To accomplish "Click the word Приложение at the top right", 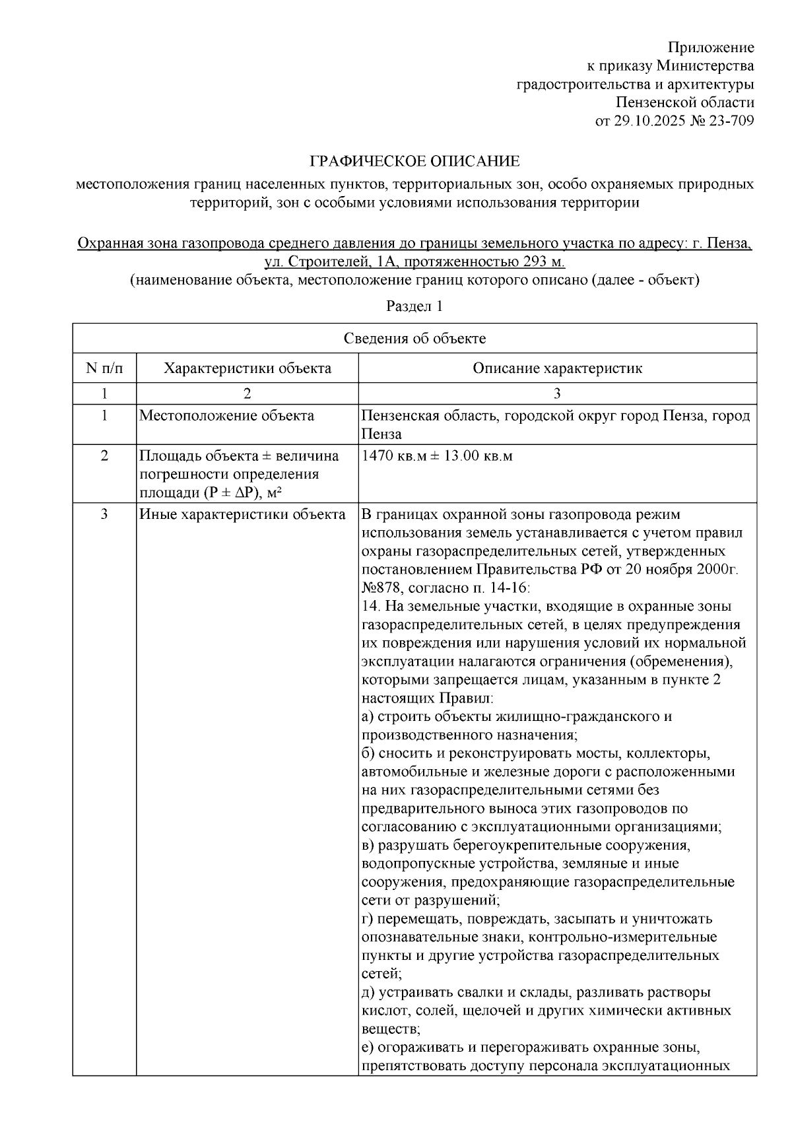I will [710, 48].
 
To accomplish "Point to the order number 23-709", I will [732, 121].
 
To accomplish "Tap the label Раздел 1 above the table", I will [414, 306].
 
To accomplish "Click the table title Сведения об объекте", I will [414, 339].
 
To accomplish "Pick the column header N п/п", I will [104, 368].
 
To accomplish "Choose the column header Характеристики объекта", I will [247, 368].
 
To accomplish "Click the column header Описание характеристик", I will [557, 368].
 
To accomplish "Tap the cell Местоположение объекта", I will [226, 416].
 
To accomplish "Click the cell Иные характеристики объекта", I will [242, 514].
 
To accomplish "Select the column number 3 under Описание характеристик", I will [557, 394].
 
